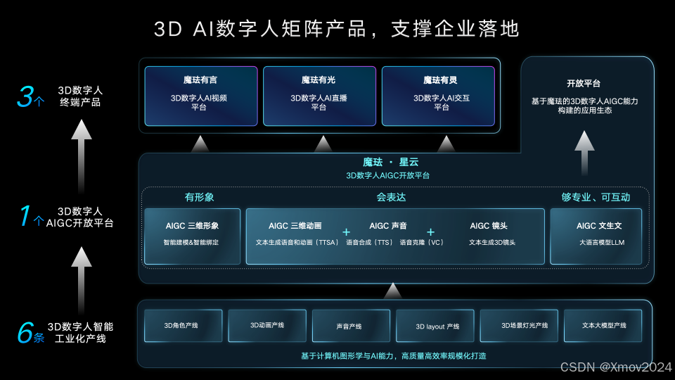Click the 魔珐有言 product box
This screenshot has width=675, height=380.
tap(200, 96)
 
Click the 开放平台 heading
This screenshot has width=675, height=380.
tap(584, 83)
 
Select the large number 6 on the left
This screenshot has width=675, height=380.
tap(25, 333)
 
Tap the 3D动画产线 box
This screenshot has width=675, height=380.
tap(266, 326)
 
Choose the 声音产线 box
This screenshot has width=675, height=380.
tap(350, 326)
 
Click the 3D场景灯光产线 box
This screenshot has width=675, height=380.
tap(519, 326)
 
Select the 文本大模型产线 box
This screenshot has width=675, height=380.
tap(603, 326)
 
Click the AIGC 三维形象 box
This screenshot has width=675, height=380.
tap(192, 236)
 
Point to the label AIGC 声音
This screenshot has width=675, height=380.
tap(388, 226)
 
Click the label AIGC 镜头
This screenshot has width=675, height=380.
tap(489, 226)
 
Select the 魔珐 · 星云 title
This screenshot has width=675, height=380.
tap(390, 163)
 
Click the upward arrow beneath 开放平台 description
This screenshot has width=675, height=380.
tap(584, 151)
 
